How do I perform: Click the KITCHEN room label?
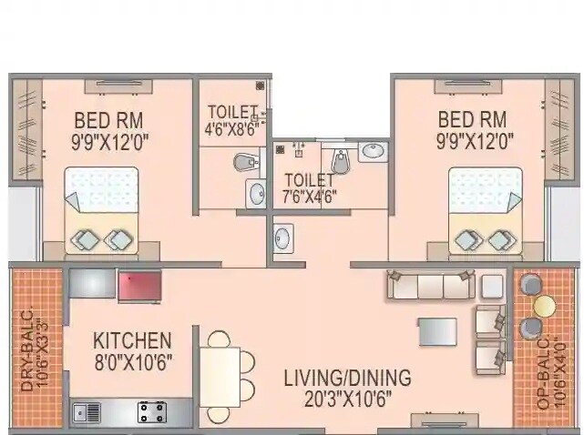coord(132,341)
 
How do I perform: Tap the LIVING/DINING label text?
coord(346,377)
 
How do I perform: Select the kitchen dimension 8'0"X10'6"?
coord(132,362)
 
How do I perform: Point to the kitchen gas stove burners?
coord(151,412)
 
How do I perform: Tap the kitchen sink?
coord(87,412)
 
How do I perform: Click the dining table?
coord(220,377)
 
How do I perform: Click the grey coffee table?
coord(436,331)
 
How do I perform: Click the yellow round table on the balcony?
coord(545,304)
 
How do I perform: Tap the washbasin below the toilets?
coord(282,238)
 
